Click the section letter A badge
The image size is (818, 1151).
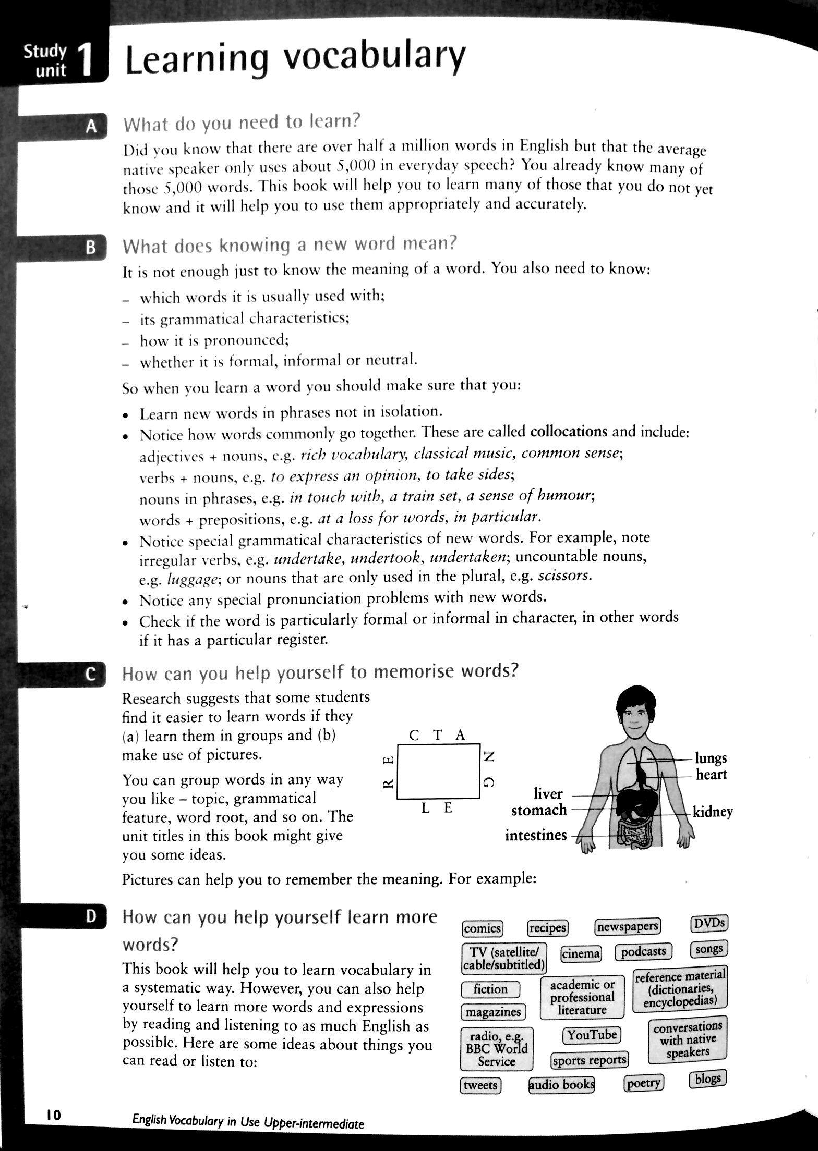coord(92,127)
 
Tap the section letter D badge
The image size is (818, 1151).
coord(92,916)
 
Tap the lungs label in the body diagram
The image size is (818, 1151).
coord(711,758)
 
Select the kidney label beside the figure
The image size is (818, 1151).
coord(713,812)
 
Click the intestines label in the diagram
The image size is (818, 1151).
coord(536,835)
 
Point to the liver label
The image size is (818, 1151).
coord(548,794)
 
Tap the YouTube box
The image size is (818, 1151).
coord(592,1035)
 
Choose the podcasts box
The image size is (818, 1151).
coord(644,951)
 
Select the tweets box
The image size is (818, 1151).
coord(480,1085)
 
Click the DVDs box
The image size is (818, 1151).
coord(709,923)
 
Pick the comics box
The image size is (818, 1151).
coord(483,928)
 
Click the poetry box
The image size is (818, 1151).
coord(644,1083)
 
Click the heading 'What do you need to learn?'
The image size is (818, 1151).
coord(242,123)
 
